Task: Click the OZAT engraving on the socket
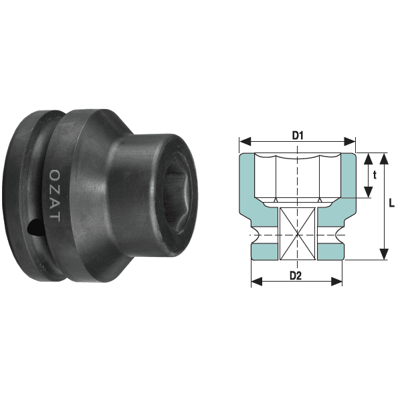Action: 55,195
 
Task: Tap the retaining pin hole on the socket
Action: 35,227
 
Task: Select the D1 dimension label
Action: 298,135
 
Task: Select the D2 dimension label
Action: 296,276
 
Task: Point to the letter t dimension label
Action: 375,175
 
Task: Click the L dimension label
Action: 392,203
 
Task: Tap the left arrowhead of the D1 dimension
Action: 245,141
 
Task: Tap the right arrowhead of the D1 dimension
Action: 350,141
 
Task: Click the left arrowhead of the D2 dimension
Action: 257,282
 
